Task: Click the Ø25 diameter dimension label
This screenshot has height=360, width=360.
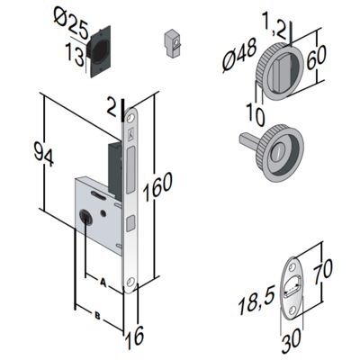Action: [x=71, y=22]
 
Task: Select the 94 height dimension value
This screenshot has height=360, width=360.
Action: [x=43, y=155]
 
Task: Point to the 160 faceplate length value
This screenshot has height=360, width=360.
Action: [x=157, y=186]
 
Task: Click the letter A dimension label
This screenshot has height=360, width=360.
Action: [x=103, y=282]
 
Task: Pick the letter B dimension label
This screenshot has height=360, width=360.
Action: [x=97, y=315]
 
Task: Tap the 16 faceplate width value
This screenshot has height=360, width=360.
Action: [x=135, y=337]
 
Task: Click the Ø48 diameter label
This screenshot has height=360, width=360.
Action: [x=239, y=56]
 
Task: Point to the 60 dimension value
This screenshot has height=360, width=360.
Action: [x=316, y=58]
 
